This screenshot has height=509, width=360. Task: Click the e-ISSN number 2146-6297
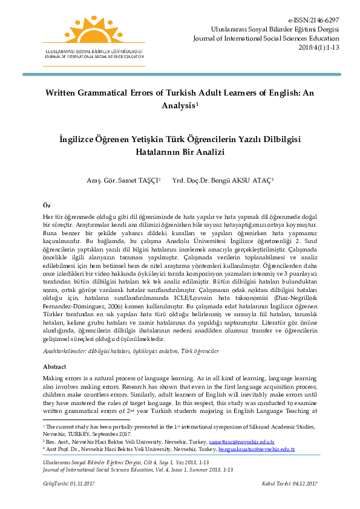[x=324, y=19]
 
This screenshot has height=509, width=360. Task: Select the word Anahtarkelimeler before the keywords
[x=67, y=351]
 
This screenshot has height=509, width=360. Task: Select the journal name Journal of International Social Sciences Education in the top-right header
[x=266, y=37]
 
